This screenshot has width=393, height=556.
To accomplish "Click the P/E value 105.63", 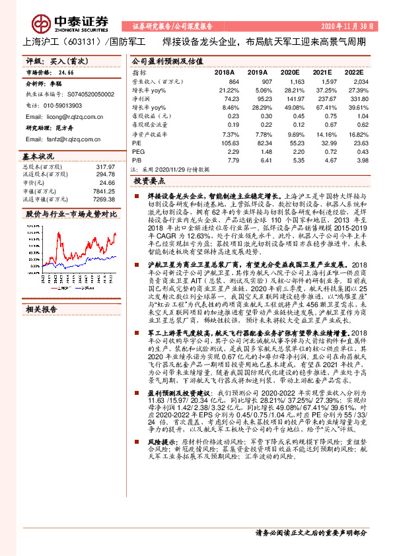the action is [x=229, y=141].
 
